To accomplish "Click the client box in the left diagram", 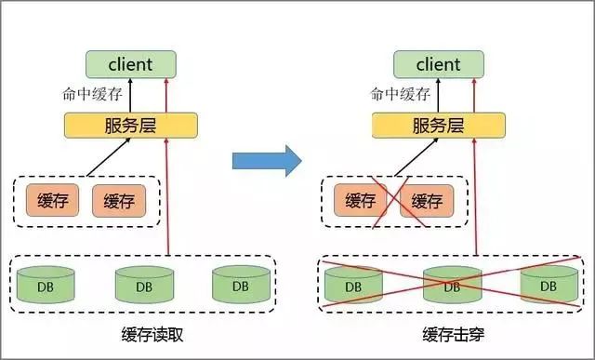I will [x=130, y=65].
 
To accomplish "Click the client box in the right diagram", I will [x=439, y=65].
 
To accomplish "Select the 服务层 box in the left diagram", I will [x=130, y=125].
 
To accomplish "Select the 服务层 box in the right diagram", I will [x=439, y=125].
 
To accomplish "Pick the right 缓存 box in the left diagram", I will [x=119, y=201].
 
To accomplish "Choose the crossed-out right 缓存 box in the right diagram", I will [x=426, y=201].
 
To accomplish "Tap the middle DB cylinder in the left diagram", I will [x=143, y=285].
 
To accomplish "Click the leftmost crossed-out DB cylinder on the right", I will [x=353, y=285].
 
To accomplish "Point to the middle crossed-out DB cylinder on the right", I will [x=451, y=285].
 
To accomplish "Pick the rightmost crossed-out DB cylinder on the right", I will [x=549, y=285].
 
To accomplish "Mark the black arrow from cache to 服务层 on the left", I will [x=109, y=158].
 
